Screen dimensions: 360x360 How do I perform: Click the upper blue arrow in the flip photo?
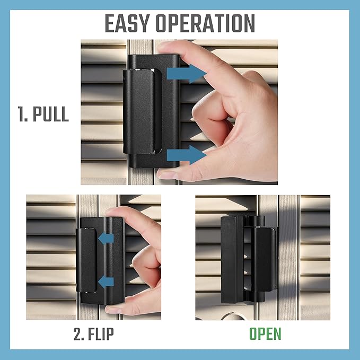coord(107,239)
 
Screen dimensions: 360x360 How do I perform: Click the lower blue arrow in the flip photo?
coord(107,281)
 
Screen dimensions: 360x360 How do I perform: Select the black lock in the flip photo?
coord(101,260)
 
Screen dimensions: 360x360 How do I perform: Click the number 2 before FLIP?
coord(78,335)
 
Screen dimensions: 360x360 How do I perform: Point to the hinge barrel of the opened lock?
coord(258,260)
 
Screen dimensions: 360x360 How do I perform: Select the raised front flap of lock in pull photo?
coord(141,111)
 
